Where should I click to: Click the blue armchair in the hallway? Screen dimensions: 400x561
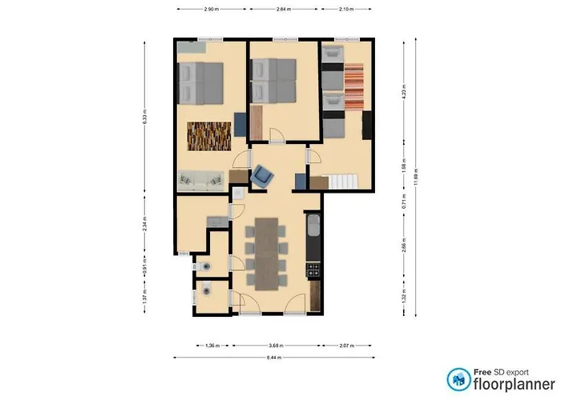[263, 175]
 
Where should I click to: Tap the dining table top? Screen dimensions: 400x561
[265, 252]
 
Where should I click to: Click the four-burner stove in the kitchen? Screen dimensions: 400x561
[313, 270]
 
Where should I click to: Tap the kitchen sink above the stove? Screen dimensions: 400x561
[313, 226]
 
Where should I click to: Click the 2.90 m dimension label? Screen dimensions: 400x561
[211, 10]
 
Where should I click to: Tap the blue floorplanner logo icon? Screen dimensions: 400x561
[458, 378]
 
